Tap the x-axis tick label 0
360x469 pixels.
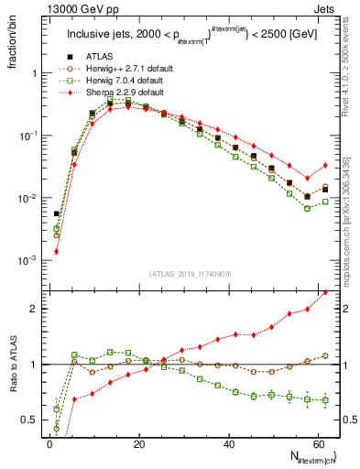pos(49,442)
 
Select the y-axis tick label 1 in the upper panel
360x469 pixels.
pos(32,73)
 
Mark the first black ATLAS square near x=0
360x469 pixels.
pos(56,214)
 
